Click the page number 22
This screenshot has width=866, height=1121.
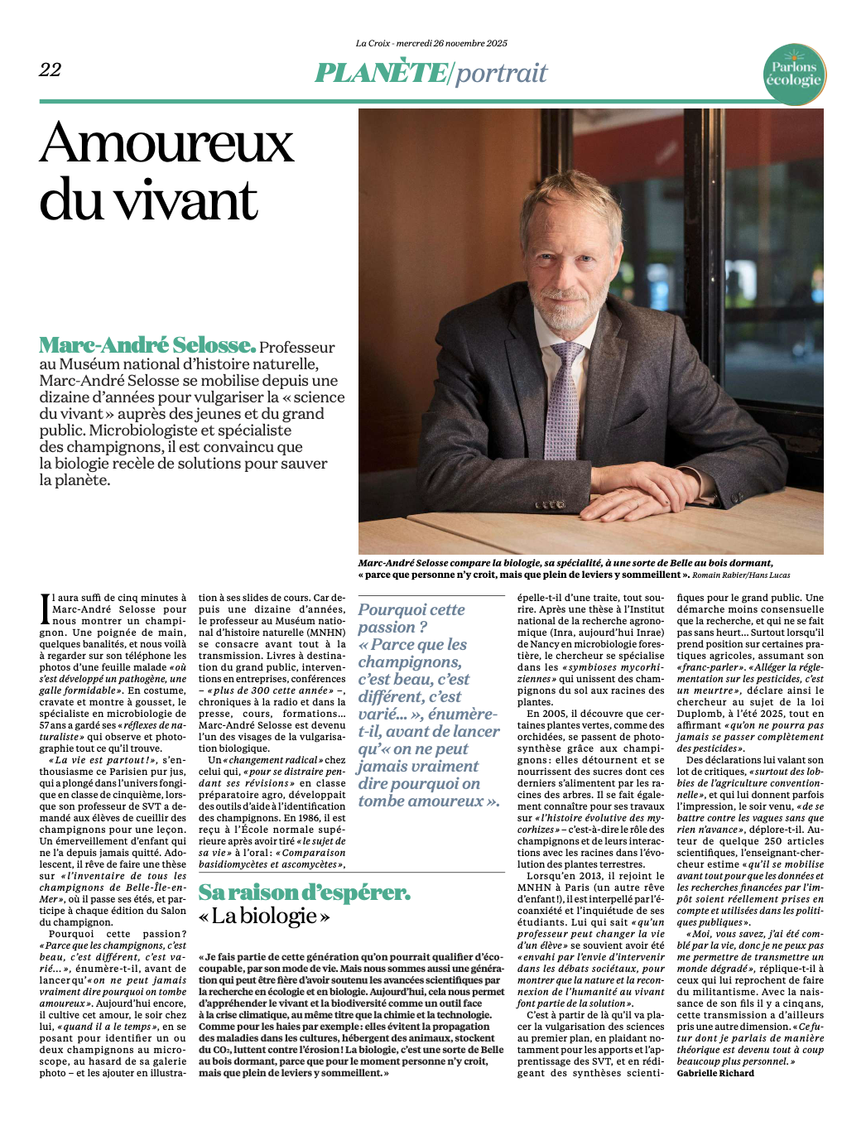point(50,70)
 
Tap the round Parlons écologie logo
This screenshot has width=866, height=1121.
point(794,74)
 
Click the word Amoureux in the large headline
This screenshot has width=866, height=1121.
point(166,143)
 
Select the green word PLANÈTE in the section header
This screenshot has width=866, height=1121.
point(381,73)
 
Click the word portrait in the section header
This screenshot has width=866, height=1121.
point(502,73)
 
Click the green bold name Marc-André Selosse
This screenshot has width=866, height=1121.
point(147,345)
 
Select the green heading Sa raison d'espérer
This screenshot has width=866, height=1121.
point(304,892)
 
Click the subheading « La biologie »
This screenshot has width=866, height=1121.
point(264,916)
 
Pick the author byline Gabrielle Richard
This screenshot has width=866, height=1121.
point(715,1073)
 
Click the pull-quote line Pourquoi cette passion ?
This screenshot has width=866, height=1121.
point(411,618)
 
